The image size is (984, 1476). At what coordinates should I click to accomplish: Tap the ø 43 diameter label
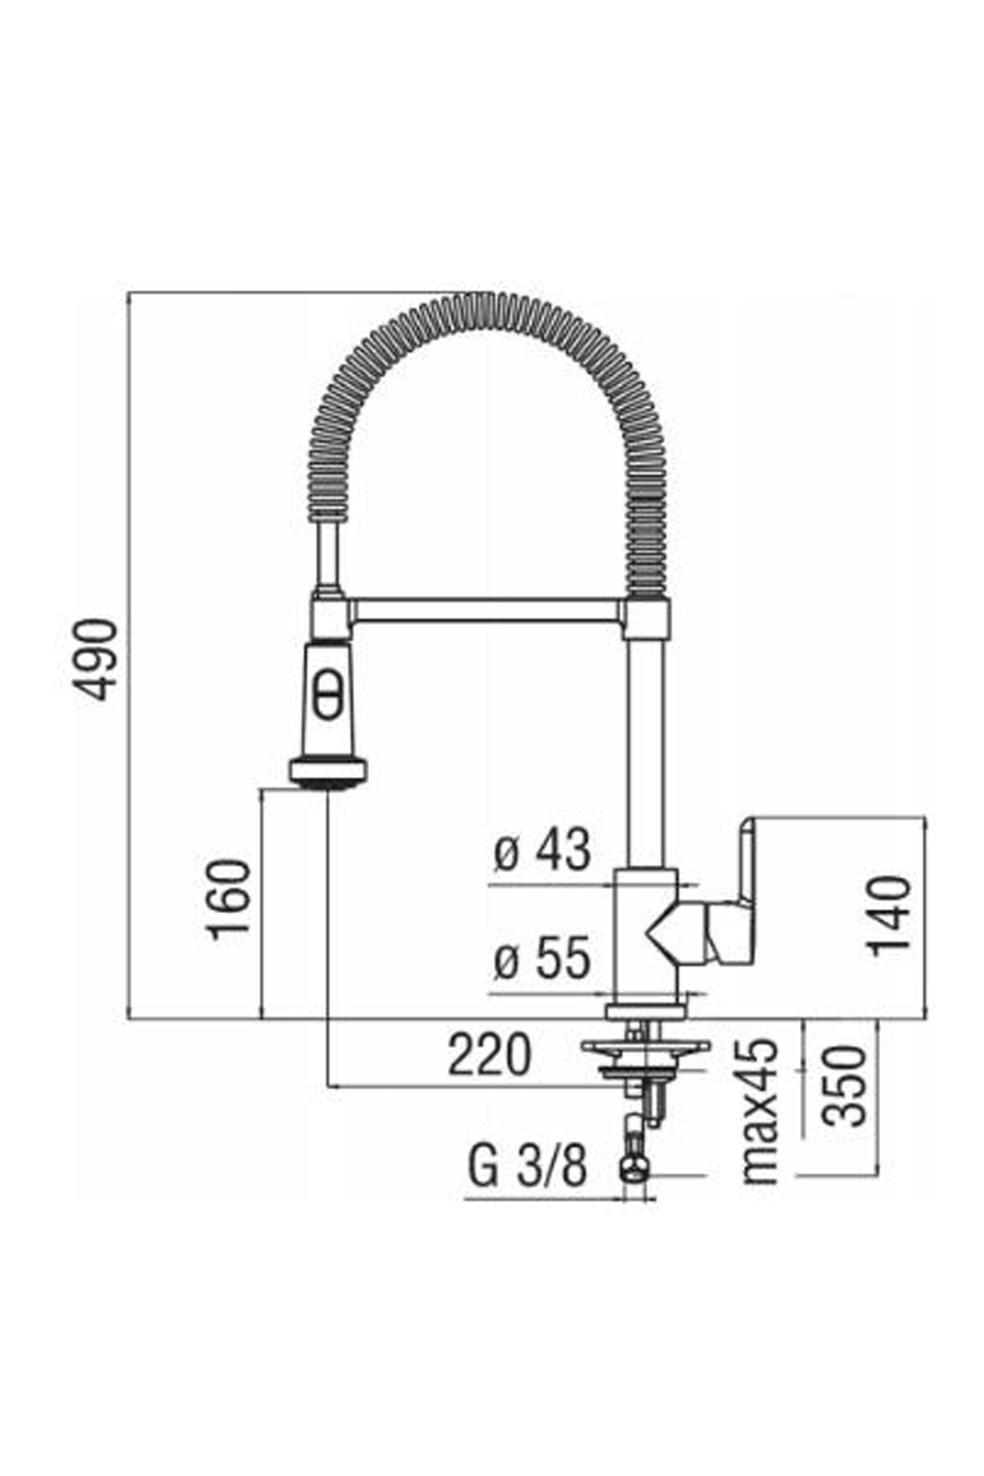(542, 851)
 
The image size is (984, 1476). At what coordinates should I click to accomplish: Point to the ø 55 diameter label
(542, 958)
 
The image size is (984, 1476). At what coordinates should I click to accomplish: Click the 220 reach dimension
(489, 1056)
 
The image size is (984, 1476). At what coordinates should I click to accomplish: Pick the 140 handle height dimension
(890, 914)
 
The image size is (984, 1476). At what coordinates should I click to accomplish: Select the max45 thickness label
(761, 1112)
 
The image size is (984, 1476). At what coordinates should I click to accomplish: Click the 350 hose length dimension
(844, 1085)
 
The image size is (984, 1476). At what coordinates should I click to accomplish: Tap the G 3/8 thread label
(527, 1167)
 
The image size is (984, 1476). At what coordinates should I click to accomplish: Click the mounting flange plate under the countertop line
(645, 1047)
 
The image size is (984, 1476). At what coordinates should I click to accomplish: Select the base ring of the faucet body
(646, 1011)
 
